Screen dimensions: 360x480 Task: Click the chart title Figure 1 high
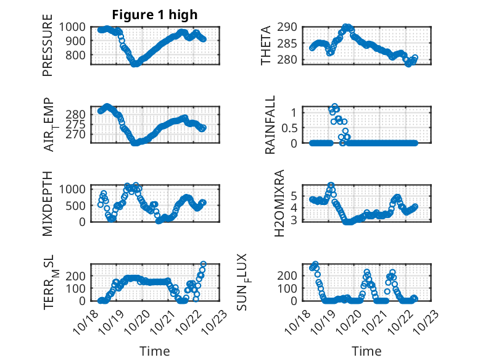tap(154, 15)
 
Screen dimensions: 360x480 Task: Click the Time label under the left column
tap(154, 351)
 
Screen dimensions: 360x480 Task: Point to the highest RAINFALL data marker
tap(335, 107)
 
